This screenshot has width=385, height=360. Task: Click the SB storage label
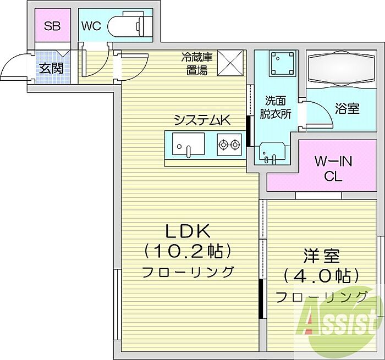tap(52, 26)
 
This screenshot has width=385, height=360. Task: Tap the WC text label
tap(91, 26)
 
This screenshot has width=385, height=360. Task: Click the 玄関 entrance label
tap(52, 69)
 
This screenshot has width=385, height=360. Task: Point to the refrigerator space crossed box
tap(230, 63)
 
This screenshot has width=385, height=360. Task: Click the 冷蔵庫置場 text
tap(197, 63)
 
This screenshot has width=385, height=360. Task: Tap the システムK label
tap(202, 120)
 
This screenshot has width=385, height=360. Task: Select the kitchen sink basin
tap(188, 144)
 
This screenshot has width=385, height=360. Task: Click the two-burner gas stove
tap(229, 145)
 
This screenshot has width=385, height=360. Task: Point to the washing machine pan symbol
tap(282, 63)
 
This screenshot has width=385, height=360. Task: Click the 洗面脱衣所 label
tap(275, 107)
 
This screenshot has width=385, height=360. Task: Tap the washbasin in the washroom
tap(272, 153)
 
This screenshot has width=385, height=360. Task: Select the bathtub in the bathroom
tap(342, 69)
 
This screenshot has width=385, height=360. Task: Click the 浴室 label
tap(348, 108)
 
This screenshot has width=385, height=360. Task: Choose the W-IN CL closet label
tap(333, 169)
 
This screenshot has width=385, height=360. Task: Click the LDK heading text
tap(188, 231)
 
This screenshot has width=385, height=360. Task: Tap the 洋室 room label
tap(322, 256)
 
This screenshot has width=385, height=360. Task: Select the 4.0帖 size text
tap(321, 276)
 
